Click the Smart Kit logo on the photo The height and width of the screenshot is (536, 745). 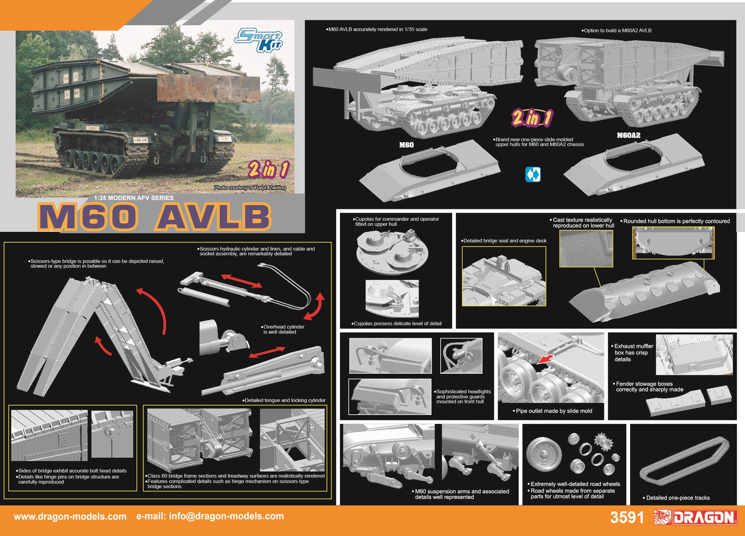pyautogui.click(x=259, y=40)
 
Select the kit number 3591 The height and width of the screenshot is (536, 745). pyautogui.click(x=627, y=517)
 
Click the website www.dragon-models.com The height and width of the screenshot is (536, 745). pyautogui.click(x=70, y=516)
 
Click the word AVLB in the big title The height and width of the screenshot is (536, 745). pyautogui.click(x=213, y=217)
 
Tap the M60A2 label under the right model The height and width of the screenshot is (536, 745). pyautogui.click(x=628, y=135)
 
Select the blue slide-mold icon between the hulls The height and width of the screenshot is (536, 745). pyautogui.click(x=533, y=174)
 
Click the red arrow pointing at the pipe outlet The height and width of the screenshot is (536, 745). pyautogui.click(x=545, y=358)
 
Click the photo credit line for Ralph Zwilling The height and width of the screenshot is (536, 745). pyautogui.click(x=250, y=188)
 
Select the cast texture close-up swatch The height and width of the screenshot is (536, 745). pyautogui.click(x=586, y=248)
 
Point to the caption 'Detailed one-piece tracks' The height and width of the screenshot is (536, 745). pyautogui.click(x=676, y=498)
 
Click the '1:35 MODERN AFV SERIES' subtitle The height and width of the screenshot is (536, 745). pyautogui.click(x=134, y=198)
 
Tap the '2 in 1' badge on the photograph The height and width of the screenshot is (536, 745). pyautogui.click(x=268, y=169)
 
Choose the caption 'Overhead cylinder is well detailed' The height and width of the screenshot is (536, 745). pyautogui.click(x=283, y=329)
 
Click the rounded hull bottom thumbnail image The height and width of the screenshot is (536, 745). pyautogui.click(x=674, y=243)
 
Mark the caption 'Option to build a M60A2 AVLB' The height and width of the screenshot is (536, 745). pyautogui.click(x=616, y=30)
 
